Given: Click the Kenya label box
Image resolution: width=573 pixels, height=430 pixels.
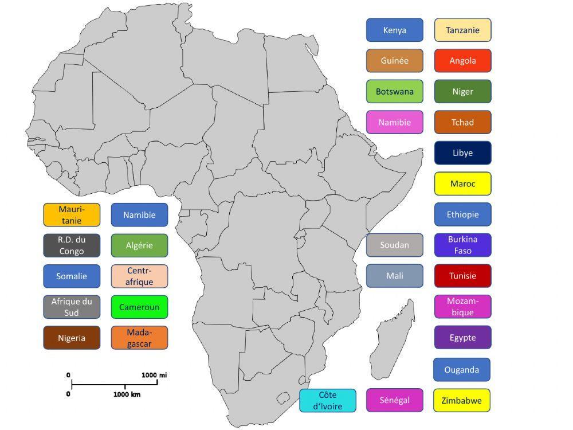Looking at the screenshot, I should (x=394, y=30).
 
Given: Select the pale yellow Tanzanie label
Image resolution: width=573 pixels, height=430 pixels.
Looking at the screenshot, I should (x=462, y=30).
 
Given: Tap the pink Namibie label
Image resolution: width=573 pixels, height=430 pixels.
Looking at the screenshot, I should (x=394, y=122).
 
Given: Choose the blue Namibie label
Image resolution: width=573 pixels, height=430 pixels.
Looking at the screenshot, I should (x=139, y=215).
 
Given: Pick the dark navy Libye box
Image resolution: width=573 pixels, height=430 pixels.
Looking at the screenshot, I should (x=462, y=153).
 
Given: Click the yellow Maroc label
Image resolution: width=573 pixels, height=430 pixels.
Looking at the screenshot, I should (x=462, y=184).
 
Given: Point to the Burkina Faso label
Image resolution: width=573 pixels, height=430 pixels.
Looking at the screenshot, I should (x=462, y=245).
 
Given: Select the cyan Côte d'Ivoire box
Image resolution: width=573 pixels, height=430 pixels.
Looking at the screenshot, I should (x=327, y=400).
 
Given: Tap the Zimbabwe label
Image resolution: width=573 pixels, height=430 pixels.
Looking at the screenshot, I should (x=462, y=400).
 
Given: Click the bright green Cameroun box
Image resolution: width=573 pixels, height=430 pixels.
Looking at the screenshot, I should (x=139, y=307).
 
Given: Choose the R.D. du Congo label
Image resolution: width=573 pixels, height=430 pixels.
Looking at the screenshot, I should (x=72, y=245).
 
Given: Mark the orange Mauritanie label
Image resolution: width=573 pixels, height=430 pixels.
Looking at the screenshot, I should (x=72, y=215).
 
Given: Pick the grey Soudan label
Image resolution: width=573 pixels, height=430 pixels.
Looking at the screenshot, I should (x=394, y=245).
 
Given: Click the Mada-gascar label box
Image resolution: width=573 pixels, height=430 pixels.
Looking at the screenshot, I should (x=139, y=338).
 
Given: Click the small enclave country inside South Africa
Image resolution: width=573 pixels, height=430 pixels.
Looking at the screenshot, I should (x=284, y=398).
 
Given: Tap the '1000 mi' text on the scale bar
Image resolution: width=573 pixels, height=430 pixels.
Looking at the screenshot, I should (x=154, y=375).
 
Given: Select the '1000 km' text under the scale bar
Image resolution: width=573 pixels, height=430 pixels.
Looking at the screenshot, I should (x=127, y=394).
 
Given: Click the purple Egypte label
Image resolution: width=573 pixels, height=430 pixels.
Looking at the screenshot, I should (x=462, y=338).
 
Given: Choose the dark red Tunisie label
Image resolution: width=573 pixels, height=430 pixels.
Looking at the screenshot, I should (x=462, y=276).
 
